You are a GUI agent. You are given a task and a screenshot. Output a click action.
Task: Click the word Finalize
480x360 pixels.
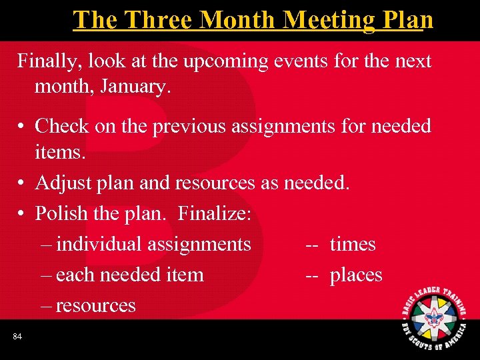[214, 213]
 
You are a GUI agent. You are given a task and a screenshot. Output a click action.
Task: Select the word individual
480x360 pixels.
[98, 244]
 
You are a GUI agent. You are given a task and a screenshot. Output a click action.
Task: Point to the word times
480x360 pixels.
[353, 244]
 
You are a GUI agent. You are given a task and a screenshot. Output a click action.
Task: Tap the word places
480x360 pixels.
[356, 275]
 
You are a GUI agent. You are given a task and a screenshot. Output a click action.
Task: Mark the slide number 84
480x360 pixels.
[17, 337]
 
